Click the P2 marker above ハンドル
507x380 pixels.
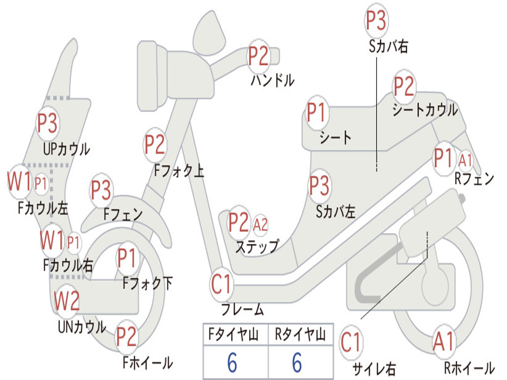(x=258, y=56)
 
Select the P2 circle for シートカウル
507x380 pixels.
(x=404, y=87)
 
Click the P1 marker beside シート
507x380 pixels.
(x=317, y=113)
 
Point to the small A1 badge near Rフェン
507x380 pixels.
(x=466, y=160)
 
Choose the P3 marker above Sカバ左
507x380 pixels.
(x=319, y=186)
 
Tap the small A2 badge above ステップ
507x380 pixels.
(x=260, y=225)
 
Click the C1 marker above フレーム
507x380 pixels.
(x=221, y=285)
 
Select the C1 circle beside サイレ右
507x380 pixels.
(x=351, y=342)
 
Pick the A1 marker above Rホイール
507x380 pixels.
(x=443, y=342)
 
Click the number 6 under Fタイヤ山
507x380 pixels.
(x=232, y=363)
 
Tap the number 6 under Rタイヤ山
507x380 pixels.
(x=297, y=363)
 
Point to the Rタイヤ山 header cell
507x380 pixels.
(x=300, y=335)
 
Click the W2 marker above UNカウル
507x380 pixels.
(x=67, y=301)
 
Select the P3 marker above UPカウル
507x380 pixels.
(x=48, y=123)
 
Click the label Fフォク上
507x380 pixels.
(x=179, y=171)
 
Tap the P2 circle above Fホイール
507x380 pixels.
(x=126, y=337)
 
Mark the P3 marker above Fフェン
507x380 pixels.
(x=101, y=190)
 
